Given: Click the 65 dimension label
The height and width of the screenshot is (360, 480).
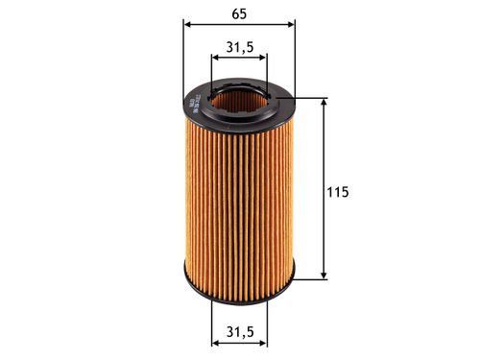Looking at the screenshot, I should click(x=236, y=13).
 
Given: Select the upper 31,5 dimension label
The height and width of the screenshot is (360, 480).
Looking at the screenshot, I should click(x=239, y=46).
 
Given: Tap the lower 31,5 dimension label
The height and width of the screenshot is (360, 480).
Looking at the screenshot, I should click(x=238, y=332).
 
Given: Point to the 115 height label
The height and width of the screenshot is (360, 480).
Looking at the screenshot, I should click(x=337, y=192).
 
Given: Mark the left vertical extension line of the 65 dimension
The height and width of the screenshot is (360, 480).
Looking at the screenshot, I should click(x=183, y=58).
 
